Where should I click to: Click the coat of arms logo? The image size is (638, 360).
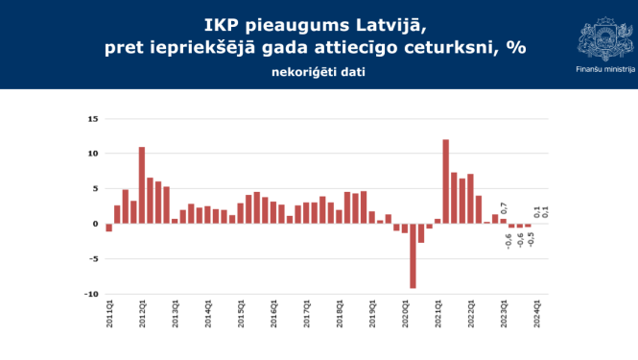coord(604,38)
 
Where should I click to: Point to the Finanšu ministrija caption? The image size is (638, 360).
coord(604,70)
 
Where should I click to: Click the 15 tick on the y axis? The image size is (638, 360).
coord(93,119)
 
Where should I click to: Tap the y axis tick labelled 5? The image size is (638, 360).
coord(95,189)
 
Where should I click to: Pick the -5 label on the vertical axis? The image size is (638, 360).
coord(93,259)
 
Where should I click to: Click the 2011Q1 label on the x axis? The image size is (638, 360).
coord(109,315)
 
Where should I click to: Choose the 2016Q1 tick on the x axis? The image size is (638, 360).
coord(273,315)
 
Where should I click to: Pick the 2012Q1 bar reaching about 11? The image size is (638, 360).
coord(142,185)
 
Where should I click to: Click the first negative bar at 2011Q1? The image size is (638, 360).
coord(109,228)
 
